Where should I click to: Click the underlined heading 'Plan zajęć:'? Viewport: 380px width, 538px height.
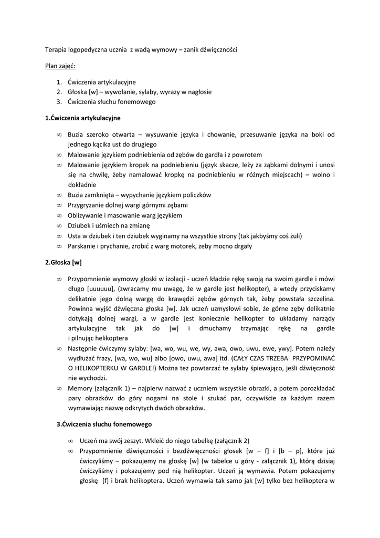point(60,66)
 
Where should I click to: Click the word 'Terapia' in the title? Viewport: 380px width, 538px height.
point(56,50)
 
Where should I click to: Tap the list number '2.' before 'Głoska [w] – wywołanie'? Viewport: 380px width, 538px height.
point(59,92)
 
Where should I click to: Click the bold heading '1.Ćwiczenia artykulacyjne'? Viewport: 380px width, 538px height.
point(83,118)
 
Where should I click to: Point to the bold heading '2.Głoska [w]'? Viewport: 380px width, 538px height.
point(64,262)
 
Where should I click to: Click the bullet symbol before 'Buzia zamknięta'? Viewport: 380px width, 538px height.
point(59,195)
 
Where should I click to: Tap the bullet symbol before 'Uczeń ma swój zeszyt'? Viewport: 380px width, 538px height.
point(70,440)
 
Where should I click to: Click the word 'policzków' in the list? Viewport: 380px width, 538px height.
point(195,195)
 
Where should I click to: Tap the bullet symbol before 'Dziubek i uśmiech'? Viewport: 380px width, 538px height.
point(59,225)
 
